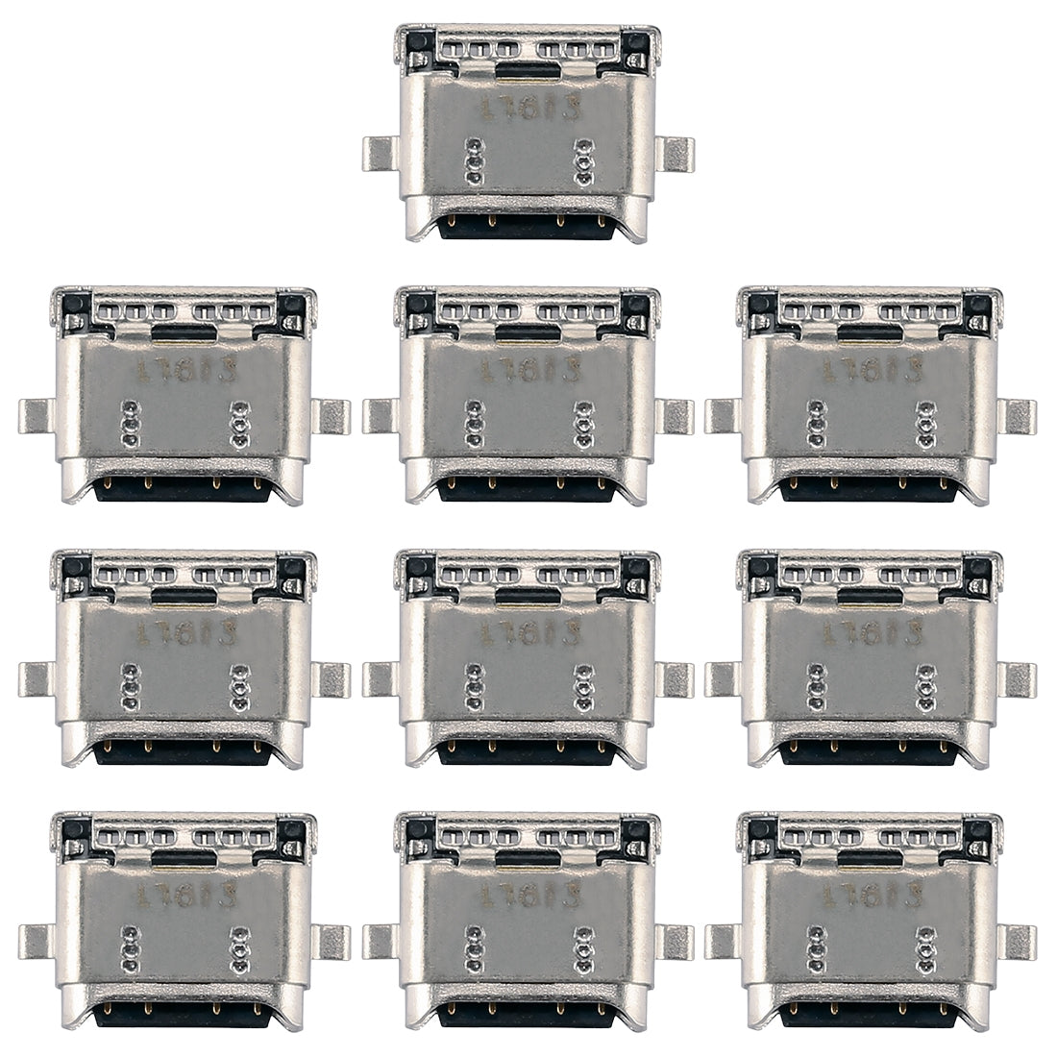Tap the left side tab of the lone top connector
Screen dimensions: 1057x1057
click(379, 154)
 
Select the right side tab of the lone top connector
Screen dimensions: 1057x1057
click(678, 154)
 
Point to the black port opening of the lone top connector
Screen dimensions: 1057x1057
click(528, 229)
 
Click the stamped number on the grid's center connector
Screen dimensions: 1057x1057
click(528, 634)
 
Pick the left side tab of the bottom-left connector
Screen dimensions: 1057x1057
click(35, 943)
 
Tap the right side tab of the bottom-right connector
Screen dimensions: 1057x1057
click(1020, 943)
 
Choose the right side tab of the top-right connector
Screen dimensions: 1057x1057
click(1020, 416)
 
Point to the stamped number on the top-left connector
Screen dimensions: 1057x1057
click(183, 370)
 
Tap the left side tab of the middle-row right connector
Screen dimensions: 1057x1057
click(721, 679)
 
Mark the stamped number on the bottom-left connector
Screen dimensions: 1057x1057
click(183, 897)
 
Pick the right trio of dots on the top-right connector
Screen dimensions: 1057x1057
click(924, 424)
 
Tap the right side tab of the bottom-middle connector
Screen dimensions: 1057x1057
click(678, 943)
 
